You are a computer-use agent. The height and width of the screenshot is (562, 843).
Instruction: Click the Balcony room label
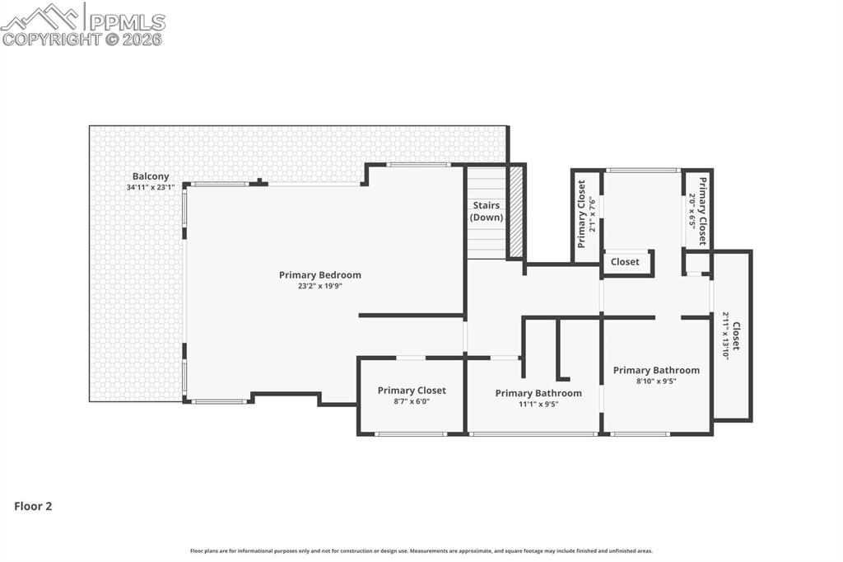[151, 176]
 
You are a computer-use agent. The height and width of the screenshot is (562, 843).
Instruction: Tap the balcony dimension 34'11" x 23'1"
[151, 187]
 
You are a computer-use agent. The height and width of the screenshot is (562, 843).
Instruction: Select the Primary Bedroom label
[319, 275]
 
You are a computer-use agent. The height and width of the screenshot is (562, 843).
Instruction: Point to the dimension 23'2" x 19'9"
[319, 286]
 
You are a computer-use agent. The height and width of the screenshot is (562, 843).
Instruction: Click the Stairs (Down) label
[486, 211]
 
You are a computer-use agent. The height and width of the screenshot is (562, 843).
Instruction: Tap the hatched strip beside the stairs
[516, 212]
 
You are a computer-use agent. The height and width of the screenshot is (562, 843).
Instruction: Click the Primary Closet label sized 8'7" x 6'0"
[412, 391]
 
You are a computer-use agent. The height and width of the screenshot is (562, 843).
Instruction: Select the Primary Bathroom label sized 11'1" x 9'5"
[538, 393]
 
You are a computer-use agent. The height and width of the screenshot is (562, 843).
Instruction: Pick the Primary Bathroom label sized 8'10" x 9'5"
[656, 371]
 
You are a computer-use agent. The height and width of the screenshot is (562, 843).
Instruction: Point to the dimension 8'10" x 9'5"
[656, 382]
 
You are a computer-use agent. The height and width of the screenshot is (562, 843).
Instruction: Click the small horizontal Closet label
[625, 262]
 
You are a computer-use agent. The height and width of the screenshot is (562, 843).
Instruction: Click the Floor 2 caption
[33, 507]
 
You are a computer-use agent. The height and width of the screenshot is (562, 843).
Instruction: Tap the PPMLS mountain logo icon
[42, 16]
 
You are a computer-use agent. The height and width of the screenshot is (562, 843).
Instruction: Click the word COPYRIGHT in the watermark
[51, 39]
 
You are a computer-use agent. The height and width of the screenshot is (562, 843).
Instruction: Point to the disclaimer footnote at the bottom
[421, 551]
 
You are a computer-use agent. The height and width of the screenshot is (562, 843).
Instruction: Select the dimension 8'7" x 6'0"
[412, 401]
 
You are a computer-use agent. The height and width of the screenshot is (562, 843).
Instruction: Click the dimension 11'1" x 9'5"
[538, 404]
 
